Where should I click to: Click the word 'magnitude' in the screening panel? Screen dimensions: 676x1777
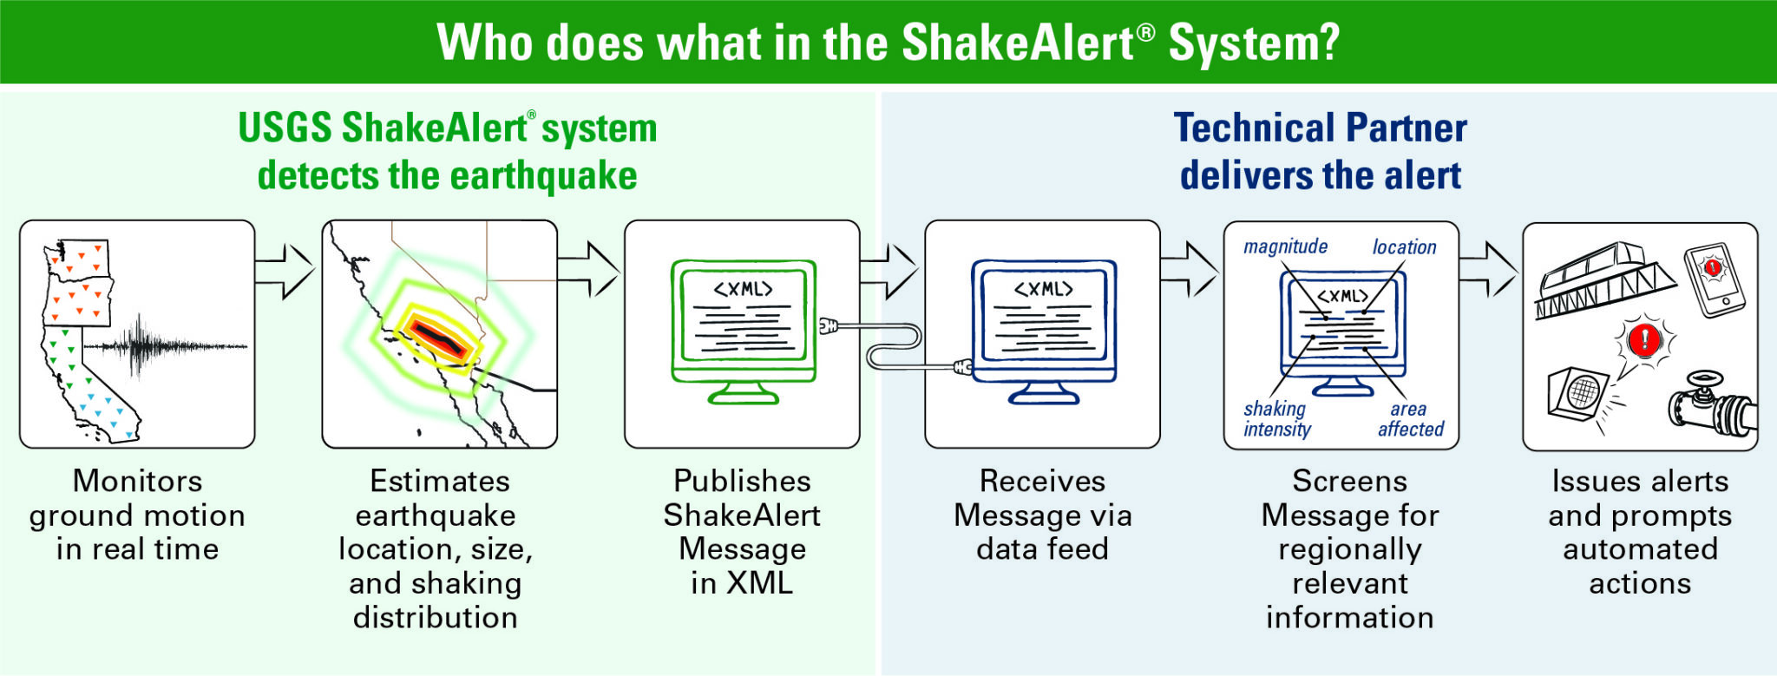pyautogui.click(x=1285, y=246)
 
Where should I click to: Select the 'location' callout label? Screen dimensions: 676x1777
pyautogui.click(x=1404, y=247)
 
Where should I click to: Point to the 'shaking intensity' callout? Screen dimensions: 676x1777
pyautogui.click(x=1276, y=418)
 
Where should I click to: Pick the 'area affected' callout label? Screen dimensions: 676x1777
pyautogui.click(x=1410, y=418)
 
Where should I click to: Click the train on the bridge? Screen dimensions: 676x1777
pyautogui.click(x=1601, y=280)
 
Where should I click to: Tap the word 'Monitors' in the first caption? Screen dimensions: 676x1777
pyautogui.click(x=137, y=481)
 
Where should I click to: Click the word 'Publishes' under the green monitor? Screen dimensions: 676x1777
pyautogui.click(x=742, y=481)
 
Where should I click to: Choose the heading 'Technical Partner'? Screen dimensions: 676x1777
pyautogui.click(x=1320, y=128)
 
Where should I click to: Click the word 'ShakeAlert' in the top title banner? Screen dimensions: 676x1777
pyautogui.click(x=1018, y=43)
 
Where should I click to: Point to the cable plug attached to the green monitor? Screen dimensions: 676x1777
pyautogui.click(x=828, y=326)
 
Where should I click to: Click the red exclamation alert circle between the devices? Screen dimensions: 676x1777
pyautogui.click(x=1643, y=339)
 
